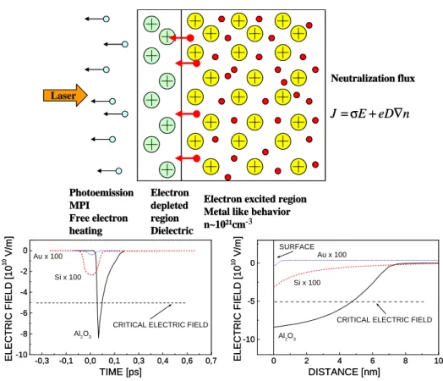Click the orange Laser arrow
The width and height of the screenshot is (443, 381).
coord(66,96)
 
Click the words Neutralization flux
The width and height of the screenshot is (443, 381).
coord(373,79)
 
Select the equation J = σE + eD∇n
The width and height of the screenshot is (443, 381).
coord(370,113)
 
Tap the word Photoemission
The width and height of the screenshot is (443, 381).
coord(101,193)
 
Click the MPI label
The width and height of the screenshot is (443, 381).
coord(79,206)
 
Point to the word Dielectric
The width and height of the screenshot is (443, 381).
coord(172,230)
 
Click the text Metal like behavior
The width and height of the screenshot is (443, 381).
coord(247,212)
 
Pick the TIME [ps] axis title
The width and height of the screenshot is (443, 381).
coord(121,372)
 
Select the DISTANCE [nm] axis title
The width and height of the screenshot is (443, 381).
coord(344,372)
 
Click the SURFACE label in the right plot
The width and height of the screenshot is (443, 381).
coord(297,246)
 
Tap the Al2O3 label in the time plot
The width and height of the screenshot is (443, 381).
coord(83,334)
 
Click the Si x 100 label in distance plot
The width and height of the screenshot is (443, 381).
coord(307,283)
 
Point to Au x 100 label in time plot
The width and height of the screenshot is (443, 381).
coord(48,257)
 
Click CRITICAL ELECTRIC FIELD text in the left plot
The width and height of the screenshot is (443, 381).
coord(161,325)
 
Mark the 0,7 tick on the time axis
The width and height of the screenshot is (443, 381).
coord(211,361)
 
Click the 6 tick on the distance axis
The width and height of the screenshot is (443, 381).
coord(372,361)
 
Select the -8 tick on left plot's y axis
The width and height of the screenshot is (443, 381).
coord(24,334)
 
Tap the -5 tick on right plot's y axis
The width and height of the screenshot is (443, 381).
coord(250,301)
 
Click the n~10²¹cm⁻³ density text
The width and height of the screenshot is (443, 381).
coord(228,224)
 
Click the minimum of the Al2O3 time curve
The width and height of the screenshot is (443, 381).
coord(98,338)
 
